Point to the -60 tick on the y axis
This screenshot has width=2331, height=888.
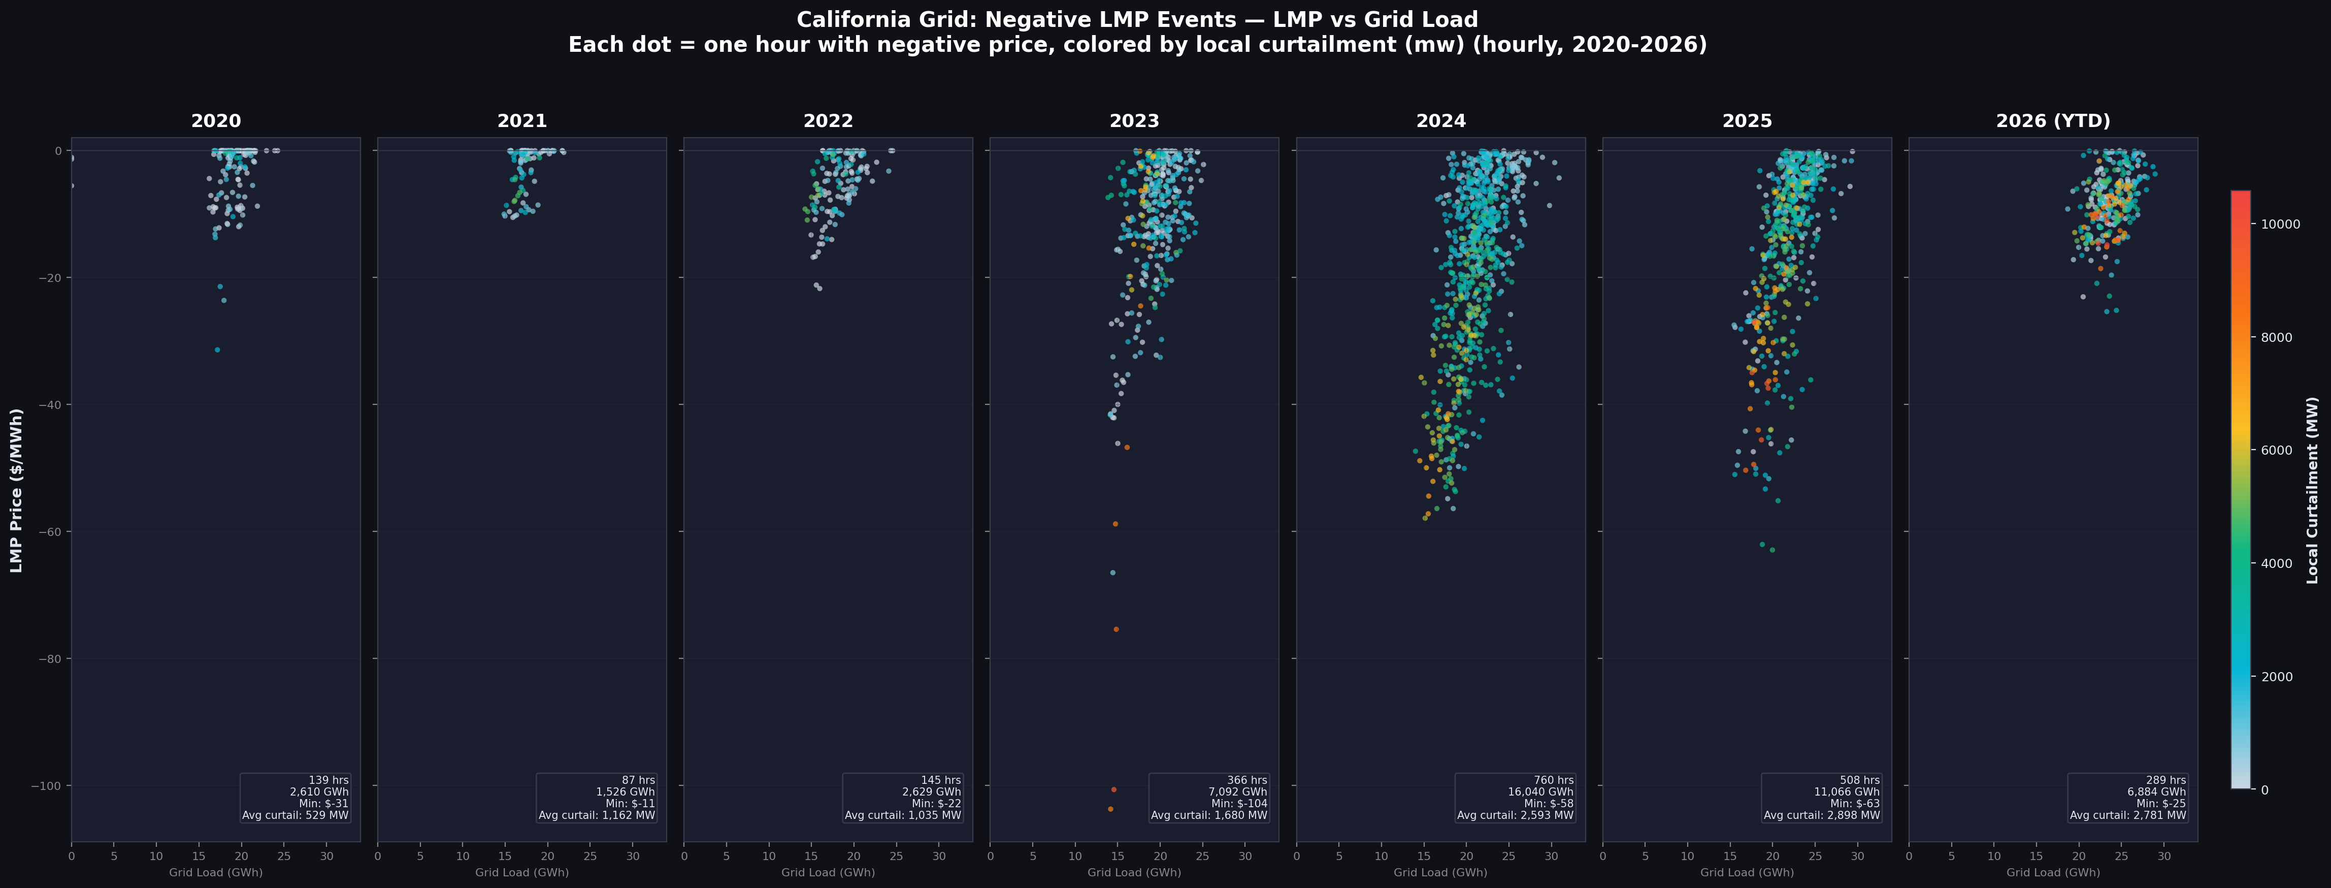point(49,531)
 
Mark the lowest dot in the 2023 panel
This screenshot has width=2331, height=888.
point(1110,808)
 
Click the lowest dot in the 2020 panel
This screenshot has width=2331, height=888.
point(217,350)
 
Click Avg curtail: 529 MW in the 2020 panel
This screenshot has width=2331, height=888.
point(295,815)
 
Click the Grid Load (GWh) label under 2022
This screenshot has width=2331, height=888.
point(828,873)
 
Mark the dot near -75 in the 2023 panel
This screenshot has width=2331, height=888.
point(1115,629)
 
